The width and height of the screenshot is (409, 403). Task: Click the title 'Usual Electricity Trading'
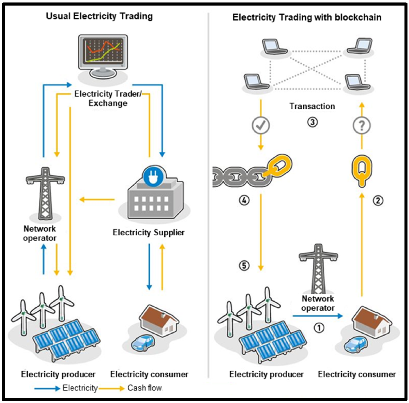(99, 16)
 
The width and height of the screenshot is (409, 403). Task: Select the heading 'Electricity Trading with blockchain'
(306, 17)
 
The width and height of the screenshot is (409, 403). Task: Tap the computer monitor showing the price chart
(103, 55)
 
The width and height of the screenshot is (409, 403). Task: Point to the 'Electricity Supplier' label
(148, 232)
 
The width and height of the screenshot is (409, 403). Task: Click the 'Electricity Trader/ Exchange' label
(108, 98)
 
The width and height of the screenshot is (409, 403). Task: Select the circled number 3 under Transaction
(312, 122)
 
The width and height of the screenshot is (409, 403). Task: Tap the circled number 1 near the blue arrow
(319, 328)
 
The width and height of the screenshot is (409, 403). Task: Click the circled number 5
(244, 265)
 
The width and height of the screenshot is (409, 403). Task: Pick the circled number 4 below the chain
(244, 200)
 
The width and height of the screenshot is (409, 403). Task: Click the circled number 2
(378, 200)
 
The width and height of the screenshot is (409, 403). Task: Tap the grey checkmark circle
(261, 125)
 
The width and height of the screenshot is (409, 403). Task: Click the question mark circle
(362, 126)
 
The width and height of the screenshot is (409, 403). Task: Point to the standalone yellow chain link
(362, 170)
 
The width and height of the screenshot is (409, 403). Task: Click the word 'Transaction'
(312, 106)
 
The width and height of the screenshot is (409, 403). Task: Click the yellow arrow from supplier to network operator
(97, 200)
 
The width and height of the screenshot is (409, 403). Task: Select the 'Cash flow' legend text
(145, 388)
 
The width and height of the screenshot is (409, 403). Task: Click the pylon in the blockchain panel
(318, 269)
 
